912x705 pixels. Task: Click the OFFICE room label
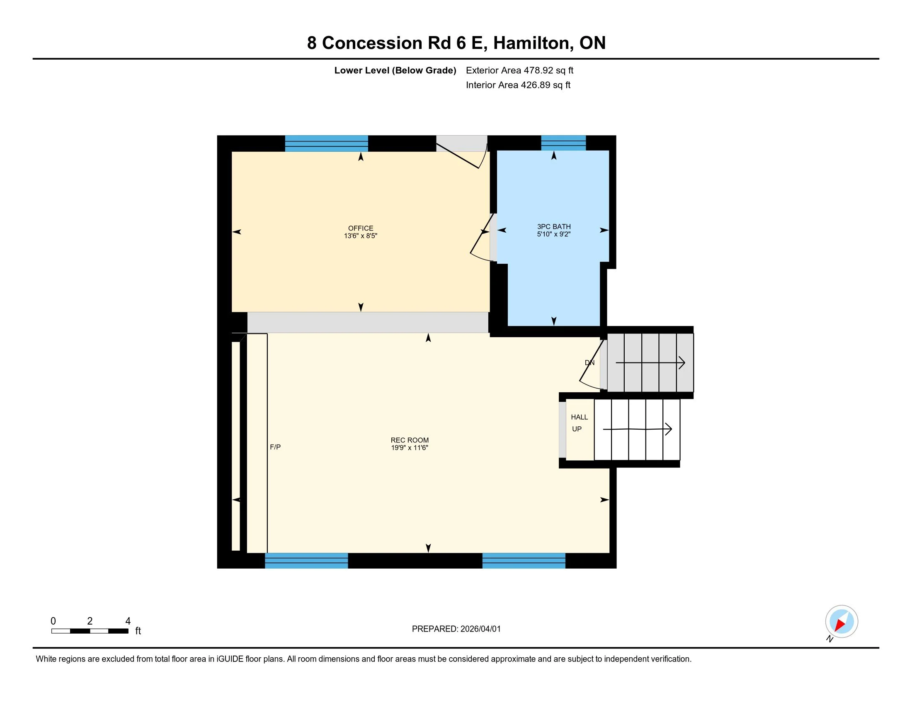360,229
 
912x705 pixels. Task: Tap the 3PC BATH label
554,227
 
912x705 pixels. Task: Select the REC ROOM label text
409,440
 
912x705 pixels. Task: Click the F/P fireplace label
275,447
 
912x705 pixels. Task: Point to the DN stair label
589,362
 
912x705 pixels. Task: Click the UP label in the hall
577,429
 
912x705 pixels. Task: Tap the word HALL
579,417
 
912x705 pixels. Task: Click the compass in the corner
841,622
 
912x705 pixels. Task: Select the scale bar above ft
90,631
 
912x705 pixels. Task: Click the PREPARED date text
456,629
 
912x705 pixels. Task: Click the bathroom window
563,143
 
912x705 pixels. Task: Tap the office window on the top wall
326,143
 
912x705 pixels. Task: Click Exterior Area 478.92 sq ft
519,70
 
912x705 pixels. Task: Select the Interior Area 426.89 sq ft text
518,85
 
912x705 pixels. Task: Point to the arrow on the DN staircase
650,362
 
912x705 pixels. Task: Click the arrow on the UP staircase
637,429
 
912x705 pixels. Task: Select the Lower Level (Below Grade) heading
395,70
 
